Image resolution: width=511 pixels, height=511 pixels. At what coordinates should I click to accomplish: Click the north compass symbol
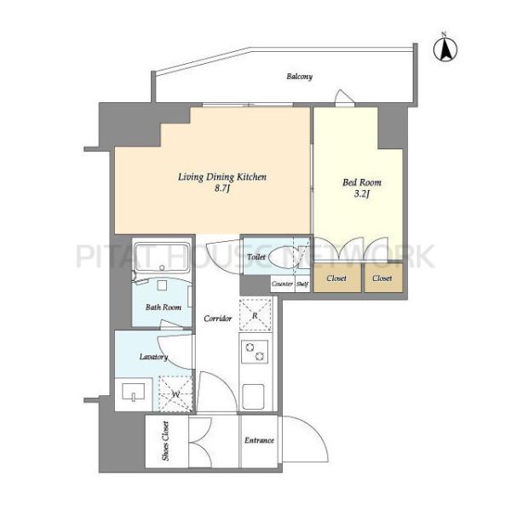[x=445, y=49]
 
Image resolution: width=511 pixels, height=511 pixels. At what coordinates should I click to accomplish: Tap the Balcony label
[x=300, y=77]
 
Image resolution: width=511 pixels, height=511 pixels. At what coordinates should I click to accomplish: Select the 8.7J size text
[x=222, y=188]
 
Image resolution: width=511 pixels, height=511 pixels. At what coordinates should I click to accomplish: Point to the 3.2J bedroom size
[x=362, y=194]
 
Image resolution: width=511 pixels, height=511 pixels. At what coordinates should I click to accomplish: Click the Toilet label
[x=256, y=257]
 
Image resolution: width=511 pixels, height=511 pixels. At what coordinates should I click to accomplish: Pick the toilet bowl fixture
[x=282, y=257]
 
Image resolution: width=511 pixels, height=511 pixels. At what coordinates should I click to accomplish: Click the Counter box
[x=283, y=284]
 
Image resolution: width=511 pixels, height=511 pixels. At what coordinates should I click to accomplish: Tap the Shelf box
[x=302, y=284]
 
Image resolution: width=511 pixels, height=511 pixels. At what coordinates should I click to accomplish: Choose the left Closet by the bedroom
[x=336, y=278]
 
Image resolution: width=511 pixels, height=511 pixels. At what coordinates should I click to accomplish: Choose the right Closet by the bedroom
[x=383, y=278]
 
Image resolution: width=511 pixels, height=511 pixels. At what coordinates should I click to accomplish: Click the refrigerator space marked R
[x=255, y=315]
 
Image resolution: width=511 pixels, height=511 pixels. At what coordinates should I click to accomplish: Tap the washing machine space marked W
[x=175, y=394]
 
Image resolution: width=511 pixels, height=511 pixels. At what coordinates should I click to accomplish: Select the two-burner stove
[x=255, y=352]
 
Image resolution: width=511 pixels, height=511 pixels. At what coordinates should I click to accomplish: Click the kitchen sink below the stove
[x=253, y=396]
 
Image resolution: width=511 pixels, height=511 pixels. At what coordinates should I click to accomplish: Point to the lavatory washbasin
[x=133, y=392]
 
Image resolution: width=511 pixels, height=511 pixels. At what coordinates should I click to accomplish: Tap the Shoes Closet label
[x=165, y=441]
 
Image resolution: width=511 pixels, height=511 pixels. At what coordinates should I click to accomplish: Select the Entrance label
[x=259, y=440]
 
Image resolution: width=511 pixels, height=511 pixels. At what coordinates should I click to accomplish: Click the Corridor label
[x=218, y=319]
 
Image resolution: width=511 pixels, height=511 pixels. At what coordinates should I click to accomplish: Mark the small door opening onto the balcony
[x=344, y=98]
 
